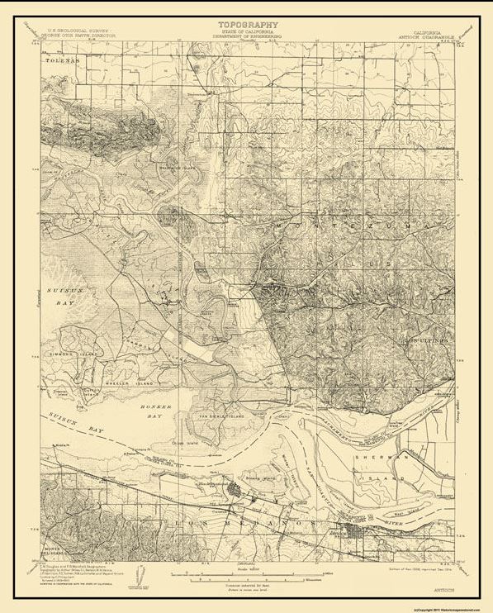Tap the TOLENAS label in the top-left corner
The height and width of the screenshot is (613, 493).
pyautogui.click(x=59, y=60)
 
